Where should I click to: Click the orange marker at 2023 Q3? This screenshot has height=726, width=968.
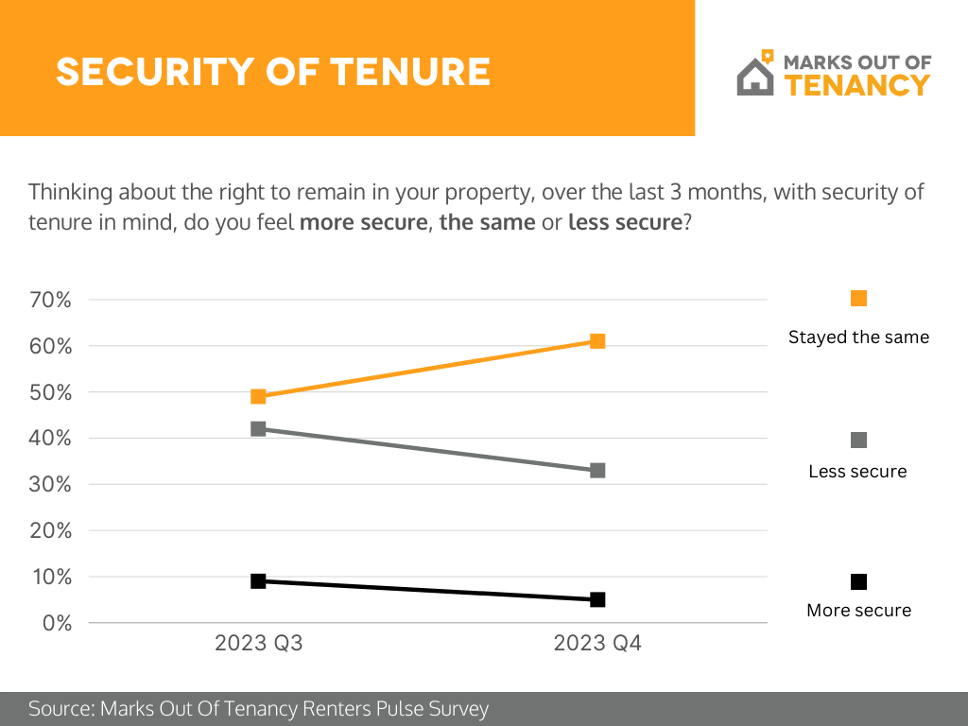pyautogui.click(x=258, y=396)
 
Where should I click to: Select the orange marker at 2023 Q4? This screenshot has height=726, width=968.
pyautogui.click(x=597, y=341)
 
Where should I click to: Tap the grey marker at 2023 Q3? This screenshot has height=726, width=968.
pyautogui.click(x=258, y=428)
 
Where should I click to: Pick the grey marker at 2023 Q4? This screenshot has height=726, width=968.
pyautogui.click(x=597, y=470)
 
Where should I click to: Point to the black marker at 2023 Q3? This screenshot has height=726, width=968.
pyautogui.click(x=258, y=580)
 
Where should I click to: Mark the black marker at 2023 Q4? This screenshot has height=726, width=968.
pyautogui.click(x=597, y=599)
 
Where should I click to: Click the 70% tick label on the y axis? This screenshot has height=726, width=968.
pyautogui.click(x=52, y=300)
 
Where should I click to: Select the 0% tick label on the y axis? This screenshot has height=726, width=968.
pyautogui.click(x=57, y=623)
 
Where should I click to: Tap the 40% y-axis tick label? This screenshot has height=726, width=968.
pyautogui.click(x=52, y=438)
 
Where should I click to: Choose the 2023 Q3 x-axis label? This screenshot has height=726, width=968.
pyautogui.click(x=258, y=645)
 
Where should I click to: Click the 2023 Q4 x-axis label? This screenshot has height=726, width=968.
pyautogui.click(x=597, y=645)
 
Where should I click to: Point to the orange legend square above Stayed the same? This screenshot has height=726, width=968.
pyautogui.click(x=858, y=299)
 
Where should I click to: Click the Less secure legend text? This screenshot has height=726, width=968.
pyautogui.click(x=857, y=471)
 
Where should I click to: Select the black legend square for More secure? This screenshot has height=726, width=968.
pyautogui.click(x=858, y=581)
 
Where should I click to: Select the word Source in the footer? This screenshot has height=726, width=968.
pyautogui.click(x=60, y=708)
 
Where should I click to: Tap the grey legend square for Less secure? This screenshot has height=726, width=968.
pyautogui.click(x=858, y=441)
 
